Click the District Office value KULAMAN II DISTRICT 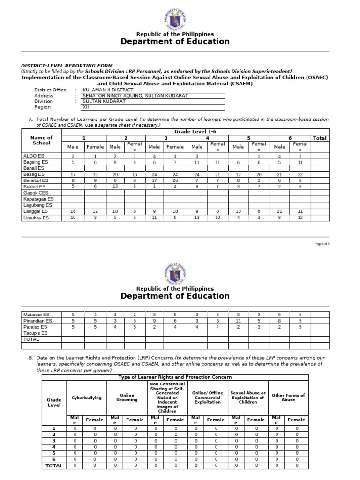point(108,90)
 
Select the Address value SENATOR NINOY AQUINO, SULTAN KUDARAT point(135,95)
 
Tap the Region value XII point(85,107)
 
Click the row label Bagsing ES point(36,162)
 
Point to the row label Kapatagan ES point(38,199)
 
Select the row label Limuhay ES point(36,217)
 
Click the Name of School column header point(41,141)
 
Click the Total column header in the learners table point(320,138)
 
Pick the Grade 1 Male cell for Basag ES point(73,174)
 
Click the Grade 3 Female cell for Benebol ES point(175,180)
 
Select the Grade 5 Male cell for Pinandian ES point(238,321)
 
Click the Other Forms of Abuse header point(288,397)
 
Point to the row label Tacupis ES point(36,333)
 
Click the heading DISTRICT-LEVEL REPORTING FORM point(67,66)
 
